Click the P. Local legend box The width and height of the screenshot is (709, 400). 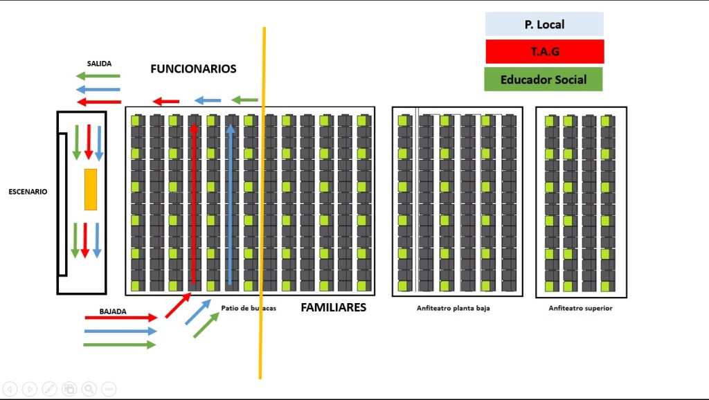coord(544,24)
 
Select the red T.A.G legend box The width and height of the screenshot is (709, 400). coord(544,51)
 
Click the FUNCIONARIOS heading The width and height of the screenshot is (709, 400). coord(193,69)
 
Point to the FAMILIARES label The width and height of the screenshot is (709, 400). coord(333,307)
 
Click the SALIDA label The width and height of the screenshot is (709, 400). coord(99,64)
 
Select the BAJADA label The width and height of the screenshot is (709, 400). coord(113,311)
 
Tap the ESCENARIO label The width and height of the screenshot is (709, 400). coord(28,192)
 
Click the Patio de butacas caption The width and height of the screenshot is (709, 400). coord(249,309)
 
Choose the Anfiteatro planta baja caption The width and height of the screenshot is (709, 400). coord(453,309)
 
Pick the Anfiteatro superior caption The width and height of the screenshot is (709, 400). coord(580,309)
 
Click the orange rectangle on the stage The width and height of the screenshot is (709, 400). coord(91,189)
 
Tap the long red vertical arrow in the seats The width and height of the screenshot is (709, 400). coord(195,204)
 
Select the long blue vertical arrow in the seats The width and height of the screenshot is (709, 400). coord(231,204)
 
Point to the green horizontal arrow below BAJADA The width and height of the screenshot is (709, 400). coord(120,345)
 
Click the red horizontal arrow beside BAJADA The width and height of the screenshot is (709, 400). coord(121,318)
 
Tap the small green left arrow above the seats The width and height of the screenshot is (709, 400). coord(244,100)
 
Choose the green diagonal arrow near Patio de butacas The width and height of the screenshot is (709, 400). coord(206,325)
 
